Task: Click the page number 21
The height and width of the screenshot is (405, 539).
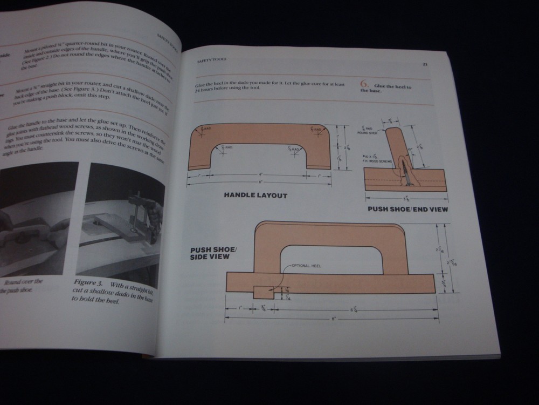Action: tap(425, 64)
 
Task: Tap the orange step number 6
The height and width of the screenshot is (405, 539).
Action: tap(364, 85)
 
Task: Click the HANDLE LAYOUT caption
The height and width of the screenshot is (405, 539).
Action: tap(255, 195)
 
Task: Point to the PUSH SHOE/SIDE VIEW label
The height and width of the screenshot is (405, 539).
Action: tap(210, 253)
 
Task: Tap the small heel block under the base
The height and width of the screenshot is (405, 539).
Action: tap(262, 291)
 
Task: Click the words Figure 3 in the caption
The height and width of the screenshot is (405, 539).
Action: tap(88, 283)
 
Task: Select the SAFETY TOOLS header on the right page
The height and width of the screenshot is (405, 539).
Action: tap(212, 60)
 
